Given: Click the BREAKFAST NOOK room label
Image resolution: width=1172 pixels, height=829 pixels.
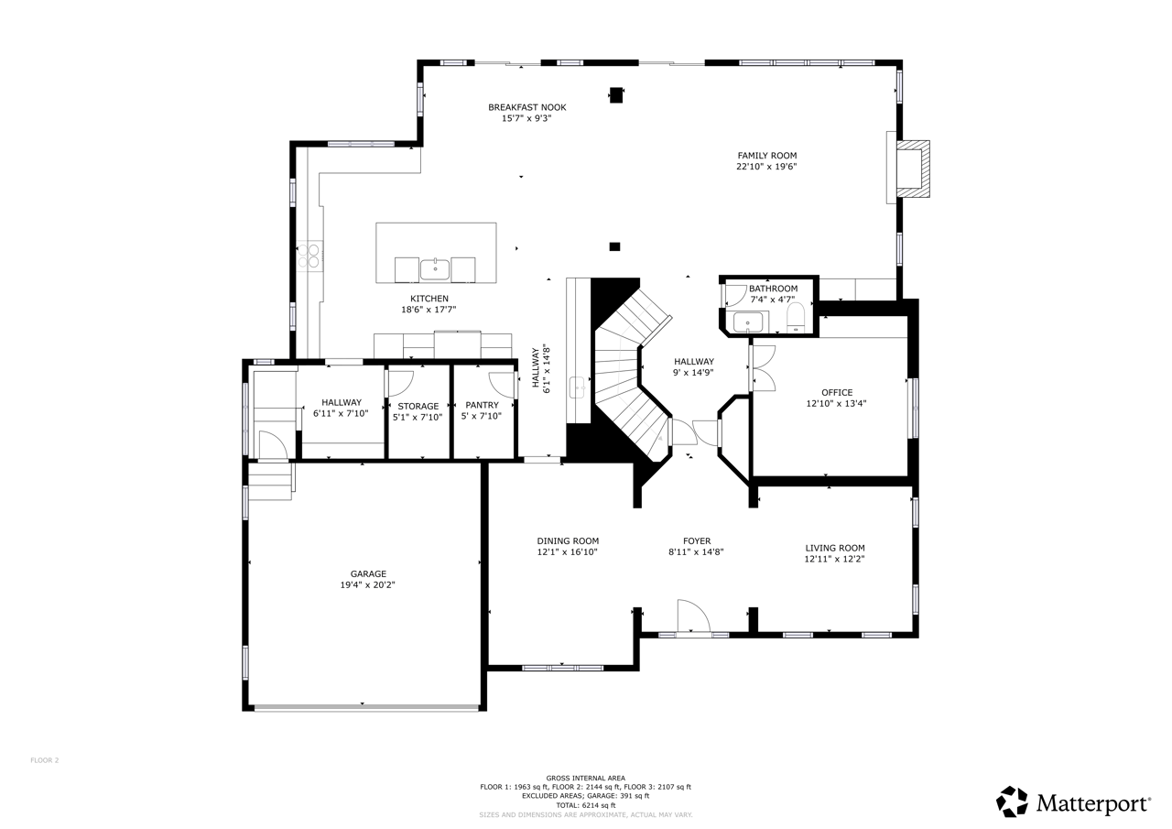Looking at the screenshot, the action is (526, 107).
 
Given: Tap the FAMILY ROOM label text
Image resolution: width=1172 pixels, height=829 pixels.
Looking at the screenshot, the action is (767, 156).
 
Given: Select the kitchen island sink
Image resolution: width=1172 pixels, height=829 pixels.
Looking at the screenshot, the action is (435, 269).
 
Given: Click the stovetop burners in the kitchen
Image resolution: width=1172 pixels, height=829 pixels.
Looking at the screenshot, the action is (309, 256).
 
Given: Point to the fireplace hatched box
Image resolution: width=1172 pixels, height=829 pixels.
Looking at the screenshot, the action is (914, 169).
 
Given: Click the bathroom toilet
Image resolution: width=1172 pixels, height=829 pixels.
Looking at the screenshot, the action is (796, 317).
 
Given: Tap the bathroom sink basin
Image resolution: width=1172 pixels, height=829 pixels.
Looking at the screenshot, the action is (748, 322).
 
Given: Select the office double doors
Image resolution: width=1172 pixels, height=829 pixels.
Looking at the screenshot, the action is (764, 368).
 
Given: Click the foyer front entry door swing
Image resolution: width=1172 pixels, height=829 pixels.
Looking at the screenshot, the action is (694, 616).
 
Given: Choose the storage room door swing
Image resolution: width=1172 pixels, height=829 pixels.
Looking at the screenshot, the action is (400, 384).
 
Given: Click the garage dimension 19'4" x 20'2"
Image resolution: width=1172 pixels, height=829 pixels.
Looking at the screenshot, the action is (368, 585).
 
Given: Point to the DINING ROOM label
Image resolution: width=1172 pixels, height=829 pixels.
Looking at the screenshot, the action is (568, 541).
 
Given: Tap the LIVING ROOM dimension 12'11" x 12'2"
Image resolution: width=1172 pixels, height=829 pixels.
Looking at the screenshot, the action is (834, 559).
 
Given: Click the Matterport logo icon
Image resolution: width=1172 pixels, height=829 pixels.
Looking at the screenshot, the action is (1013, 802).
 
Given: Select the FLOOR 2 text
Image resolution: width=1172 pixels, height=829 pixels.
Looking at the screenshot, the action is (45, 760).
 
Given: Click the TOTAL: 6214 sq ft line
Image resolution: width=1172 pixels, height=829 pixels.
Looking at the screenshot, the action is (586, 805).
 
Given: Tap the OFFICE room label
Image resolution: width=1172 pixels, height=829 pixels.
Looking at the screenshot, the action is (837, 393).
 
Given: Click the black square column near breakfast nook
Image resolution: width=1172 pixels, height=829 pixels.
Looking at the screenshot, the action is (616, 95).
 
